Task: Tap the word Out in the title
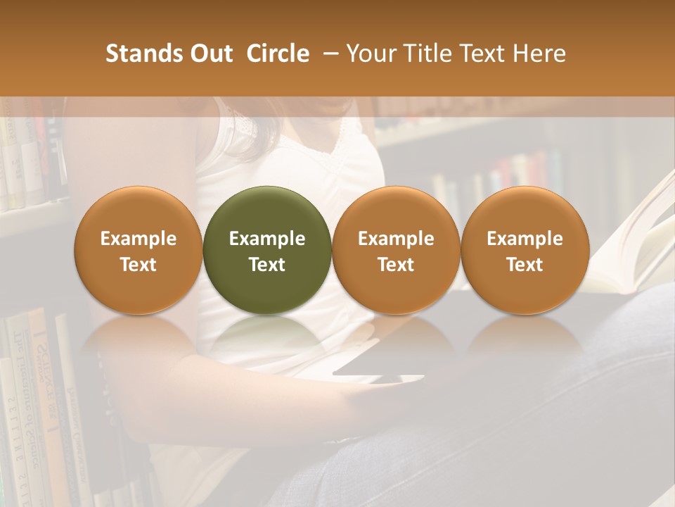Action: tap(209, 54)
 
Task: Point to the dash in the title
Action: tap(328, 54)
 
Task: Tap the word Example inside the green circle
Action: tap(267, 239)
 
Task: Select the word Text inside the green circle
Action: tap(267, 265)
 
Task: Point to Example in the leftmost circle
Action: tap(139, 239)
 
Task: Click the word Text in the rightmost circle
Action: tap(525, 265)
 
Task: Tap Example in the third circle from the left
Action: tap(396, 239)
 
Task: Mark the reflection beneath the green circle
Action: tap(267, 338)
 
